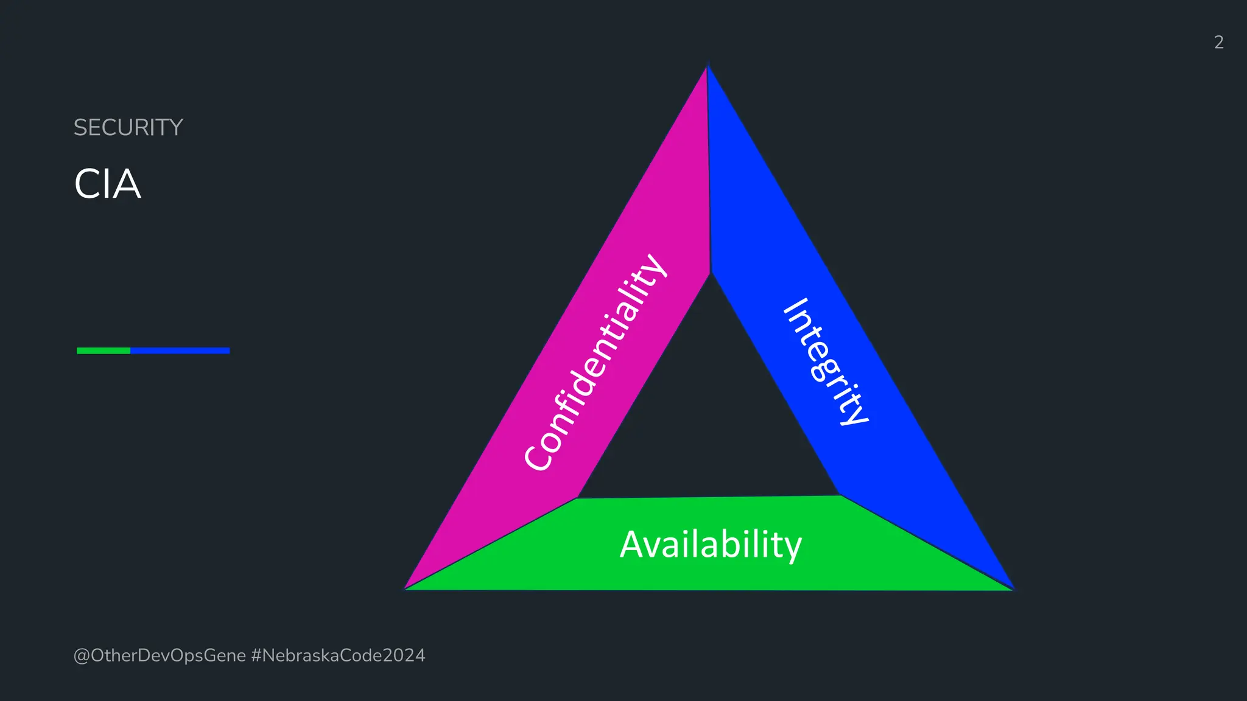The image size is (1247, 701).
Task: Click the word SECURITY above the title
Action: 128,128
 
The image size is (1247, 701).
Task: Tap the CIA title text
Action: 108,184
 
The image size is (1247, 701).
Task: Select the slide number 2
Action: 1218,42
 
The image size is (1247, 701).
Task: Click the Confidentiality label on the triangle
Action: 595,362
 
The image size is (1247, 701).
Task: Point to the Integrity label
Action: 826,361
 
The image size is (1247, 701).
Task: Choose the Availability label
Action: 711,544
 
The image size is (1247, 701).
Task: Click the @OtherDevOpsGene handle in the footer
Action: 160,655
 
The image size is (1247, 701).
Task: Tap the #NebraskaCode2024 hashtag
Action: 338,655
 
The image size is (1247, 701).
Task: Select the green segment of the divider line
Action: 104,350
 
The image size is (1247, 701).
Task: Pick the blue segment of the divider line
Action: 180,350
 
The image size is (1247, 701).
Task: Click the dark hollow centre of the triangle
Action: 709,414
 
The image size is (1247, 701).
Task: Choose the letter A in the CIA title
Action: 126,184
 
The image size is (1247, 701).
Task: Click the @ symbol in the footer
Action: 82,656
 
